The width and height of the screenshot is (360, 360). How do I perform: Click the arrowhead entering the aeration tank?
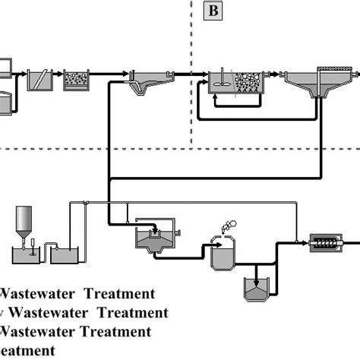pyautogui.click(x=205, y=74)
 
